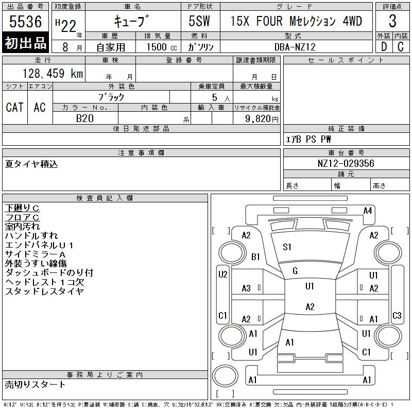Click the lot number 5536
(x=25, y=22)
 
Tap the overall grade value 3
(x=392, y=22)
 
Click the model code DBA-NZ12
(x=295, y=47)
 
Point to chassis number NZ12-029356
(x=346, y=163)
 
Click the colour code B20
(x=85, y=118)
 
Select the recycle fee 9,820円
(x=256, y=118)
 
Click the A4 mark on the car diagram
(x=368, y=210)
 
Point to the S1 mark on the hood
(x=287, y=247)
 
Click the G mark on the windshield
(x=295, y=270)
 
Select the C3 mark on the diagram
(x=397, y=315)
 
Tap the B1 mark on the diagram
(x=255, y=256)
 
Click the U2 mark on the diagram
(x=222, y=274)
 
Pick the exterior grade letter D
(x=384, y=47)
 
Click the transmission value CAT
(x=14, y=107)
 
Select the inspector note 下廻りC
(x=22, y=208)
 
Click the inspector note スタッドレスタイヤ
(x=44, y=291)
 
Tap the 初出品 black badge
(x=25, y=43)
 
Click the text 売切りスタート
(x=36, y=384)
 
